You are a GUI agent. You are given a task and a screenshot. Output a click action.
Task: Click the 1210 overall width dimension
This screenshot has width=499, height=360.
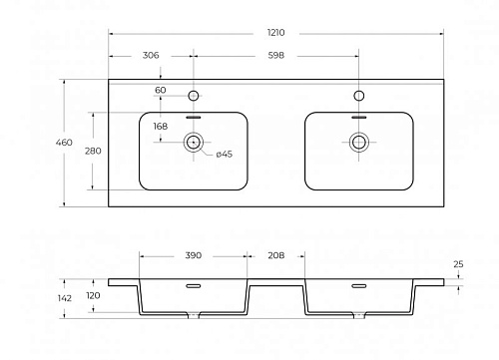[275, 33]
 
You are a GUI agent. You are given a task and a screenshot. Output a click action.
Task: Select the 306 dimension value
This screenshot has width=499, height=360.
[151, 55]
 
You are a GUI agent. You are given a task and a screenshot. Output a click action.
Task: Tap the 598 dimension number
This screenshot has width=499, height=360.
[276, 55]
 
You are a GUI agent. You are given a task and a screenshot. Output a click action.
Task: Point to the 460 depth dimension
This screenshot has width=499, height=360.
[64, 143]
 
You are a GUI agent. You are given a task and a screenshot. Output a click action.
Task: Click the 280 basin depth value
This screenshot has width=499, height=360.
[93, 151]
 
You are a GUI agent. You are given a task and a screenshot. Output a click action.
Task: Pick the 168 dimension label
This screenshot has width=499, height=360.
[161, 127]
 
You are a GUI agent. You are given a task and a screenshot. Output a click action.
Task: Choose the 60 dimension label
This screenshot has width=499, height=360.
[161, 90]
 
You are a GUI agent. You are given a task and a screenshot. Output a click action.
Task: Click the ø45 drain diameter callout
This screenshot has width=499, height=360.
[225, 154]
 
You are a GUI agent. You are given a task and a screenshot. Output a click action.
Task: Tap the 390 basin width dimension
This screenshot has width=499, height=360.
[194, 255]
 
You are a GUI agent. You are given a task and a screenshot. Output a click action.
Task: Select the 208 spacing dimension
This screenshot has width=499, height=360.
[276, 255]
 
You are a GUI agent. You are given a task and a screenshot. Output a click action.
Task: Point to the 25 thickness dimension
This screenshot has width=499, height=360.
[458, 264]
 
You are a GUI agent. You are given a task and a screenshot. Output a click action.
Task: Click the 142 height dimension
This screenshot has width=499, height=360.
[64, 298]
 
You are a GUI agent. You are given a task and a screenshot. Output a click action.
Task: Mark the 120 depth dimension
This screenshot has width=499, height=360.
[93, 295]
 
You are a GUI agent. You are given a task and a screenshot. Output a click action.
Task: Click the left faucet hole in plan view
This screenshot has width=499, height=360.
[194, 96]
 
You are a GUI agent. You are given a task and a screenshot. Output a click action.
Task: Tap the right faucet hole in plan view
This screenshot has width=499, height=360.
[358, 96]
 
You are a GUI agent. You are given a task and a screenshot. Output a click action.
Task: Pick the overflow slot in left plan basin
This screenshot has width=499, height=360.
[194, 117]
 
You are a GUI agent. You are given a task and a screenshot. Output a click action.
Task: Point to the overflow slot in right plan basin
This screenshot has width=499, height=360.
[359, 117]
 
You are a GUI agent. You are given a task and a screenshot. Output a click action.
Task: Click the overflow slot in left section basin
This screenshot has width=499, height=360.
[194, 286]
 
